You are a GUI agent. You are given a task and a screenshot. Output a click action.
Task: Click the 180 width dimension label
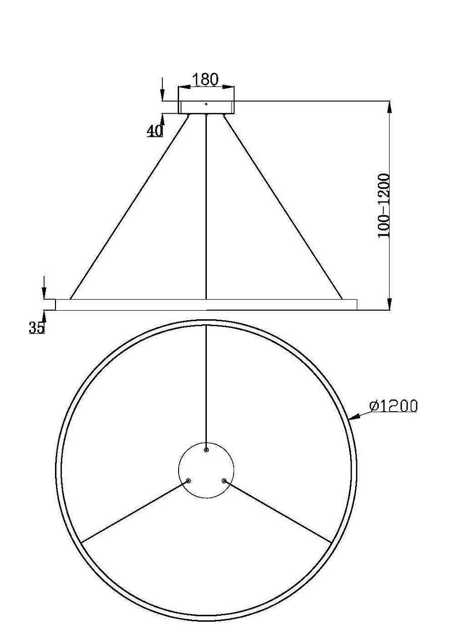click(205, 79)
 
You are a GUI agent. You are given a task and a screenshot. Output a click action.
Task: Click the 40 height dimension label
click(155, 131)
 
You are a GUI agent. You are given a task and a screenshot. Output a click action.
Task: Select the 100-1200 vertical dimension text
click(384, 206)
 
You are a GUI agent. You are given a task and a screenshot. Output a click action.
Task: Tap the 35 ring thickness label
click(36, 327)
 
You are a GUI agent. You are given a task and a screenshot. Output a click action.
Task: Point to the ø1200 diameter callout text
click(393, 406)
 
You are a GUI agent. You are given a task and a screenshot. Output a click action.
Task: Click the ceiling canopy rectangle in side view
click(206, 107)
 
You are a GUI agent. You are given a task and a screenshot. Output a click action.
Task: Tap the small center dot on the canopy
click(206, 104)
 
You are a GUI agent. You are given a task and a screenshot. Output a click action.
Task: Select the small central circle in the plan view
click(206, 471)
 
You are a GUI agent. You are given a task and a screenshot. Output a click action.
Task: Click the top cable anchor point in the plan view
click(206, 449)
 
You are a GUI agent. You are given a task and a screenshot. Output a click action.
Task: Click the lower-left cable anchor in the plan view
click(188, 481)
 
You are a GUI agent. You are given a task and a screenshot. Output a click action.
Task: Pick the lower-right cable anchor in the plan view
click(224, 481)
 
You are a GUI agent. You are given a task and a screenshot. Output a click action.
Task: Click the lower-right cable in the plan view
click(277, 512)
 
